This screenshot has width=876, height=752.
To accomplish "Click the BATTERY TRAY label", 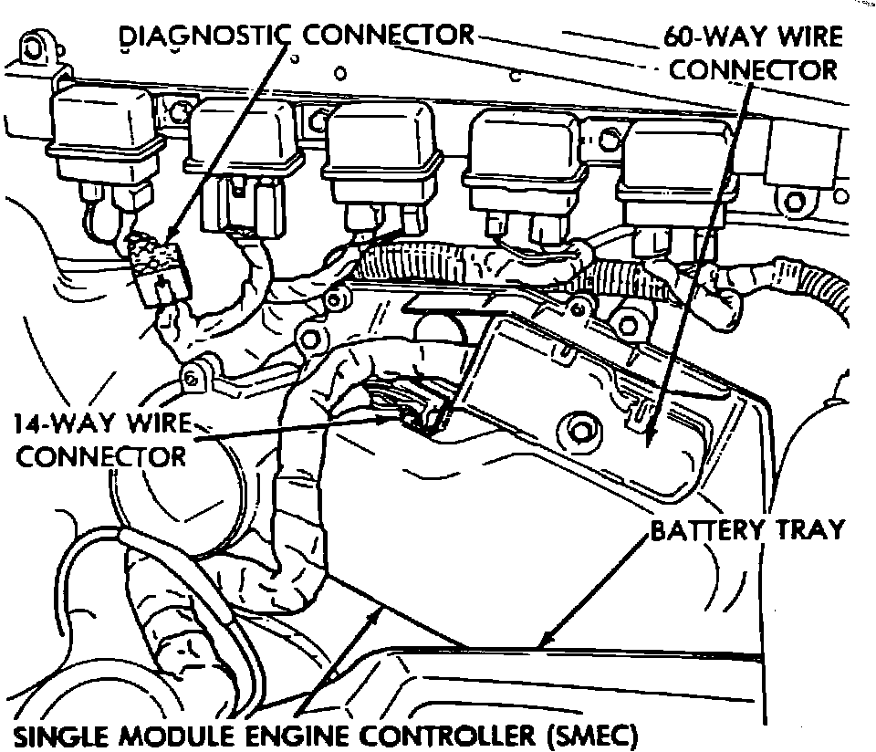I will (x=747, y=529).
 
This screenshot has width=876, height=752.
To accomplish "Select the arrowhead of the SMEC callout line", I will (x=374, y=613).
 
